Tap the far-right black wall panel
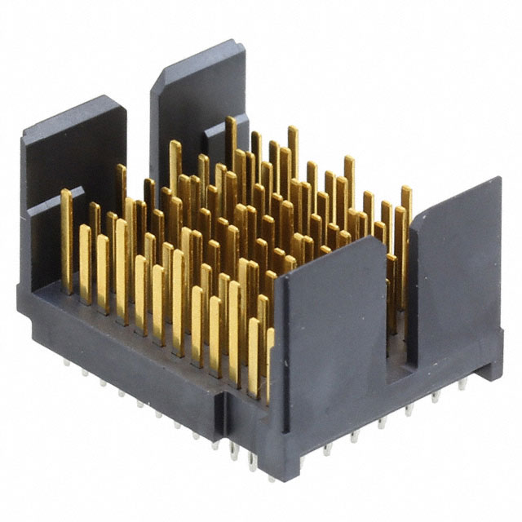point(457,269)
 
